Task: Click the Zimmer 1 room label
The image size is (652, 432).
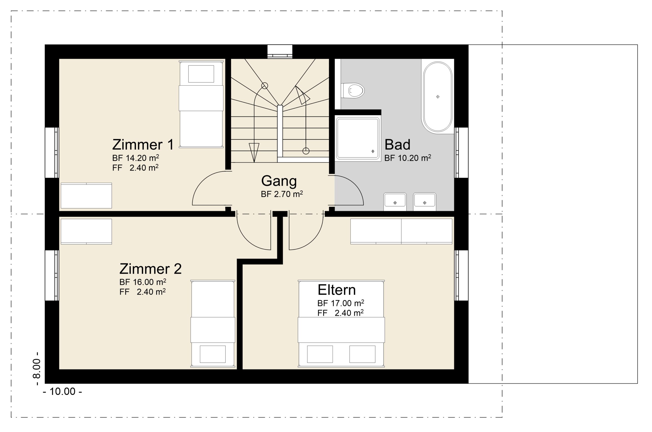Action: [143, 145]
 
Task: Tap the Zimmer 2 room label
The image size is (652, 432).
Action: [150, 269]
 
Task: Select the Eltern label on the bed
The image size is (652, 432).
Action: [336, 290]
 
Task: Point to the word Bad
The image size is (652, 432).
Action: [397, 145]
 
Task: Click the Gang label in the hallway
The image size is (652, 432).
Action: [279, 181]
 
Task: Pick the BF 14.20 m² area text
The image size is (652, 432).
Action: [135, 158]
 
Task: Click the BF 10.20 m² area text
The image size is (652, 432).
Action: [407, 158]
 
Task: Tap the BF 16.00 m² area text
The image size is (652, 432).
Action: [143, 282]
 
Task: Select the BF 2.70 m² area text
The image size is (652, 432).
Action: [282, 194]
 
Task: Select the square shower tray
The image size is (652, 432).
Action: [357, 138]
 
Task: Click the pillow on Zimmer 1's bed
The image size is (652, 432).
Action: [201, 74]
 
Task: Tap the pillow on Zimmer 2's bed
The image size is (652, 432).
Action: [213, 354]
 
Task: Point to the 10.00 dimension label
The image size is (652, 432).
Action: [62, 391]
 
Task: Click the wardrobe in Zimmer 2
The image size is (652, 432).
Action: [86, 231]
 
